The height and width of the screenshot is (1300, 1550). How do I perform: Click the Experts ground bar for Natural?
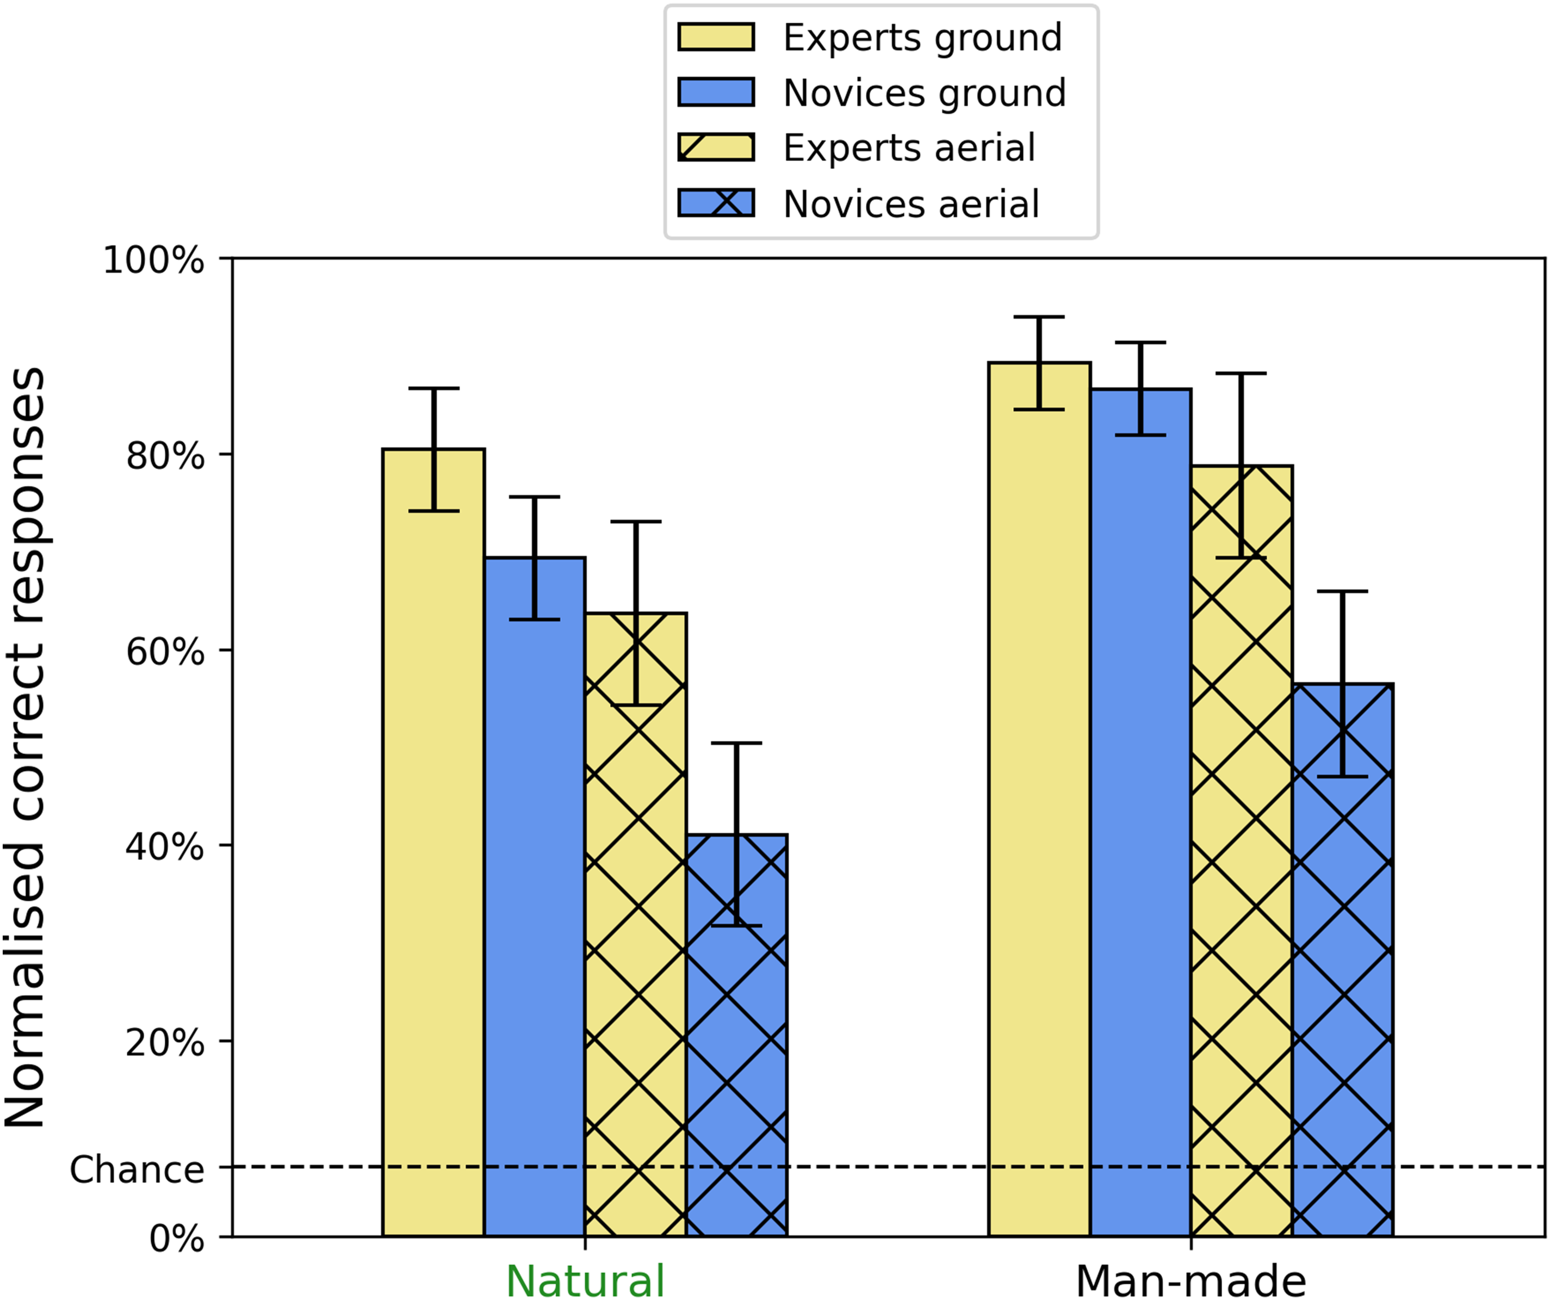coord(433,843)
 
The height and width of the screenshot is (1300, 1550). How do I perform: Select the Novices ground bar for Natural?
coord(535,897)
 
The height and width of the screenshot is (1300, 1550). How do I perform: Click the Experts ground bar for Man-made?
coord(1040,800)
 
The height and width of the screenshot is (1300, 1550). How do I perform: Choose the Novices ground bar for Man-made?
coord(1140,813)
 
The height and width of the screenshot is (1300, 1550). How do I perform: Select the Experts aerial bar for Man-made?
coord(1242,851)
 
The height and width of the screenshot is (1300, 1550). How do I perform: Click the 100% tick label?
coord(153,261)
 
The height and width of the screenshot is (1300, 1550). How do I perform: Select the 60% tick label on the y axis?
coord(165,652)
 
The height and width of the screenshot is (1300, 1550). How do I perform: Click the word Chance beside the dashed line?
coord(137,1170)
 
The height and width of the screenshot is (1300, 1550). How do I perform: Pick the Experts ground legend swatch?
coord(716,37)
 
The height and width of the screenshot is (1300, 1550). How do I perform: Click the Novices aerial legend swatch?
coord(716,203)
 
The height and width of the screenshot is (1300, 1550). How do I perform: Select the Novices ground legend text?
coord(925,94)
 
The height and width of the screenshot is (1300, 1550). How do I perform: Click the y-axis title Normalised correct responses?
coord(24,747)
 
